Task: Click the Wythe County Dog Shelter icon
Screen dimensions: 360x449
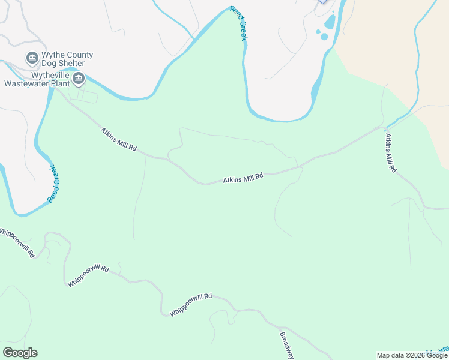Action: pyautogui.click(x=32, y=58)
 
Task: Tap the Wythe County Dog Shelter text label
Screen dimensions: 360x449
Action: pyautogui.click(x=68, y=59)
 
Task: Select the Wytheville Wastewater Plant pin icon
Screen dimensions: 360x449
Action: pyautogui.click(x=79, y=79)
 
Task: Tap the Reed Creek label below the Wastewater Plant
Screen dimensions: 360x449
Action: pyautogui.click(x=54, y=182)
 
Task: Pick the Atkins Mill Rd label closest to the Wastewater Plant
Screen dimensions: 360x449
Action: pyautogui.click(x=119, y=139)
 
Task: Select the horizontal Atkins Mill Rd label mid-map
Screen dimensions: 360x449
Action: pyautogui.click(x=243, y=178)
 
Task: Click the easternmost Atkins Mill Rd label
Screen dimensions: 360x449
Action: pyautogui.click(x=390, y=154)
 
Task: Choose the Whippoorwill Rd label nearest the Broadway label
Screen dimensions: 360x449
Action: pyautogui.click(x=191, y=304)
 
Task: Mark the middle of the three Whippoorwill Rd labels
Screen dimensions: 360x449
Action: pyautogui.click(x=88, y=276)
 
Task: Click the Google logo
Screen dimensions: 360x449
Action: pyautogui.click(x=20, y=353)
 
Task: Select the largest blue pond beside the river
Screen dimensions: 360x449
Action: pyautogui.click(x=330, y=22)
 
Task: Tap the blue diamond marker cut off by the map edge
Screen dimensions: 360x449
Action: pyautogui.click(x=324, y=1)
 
